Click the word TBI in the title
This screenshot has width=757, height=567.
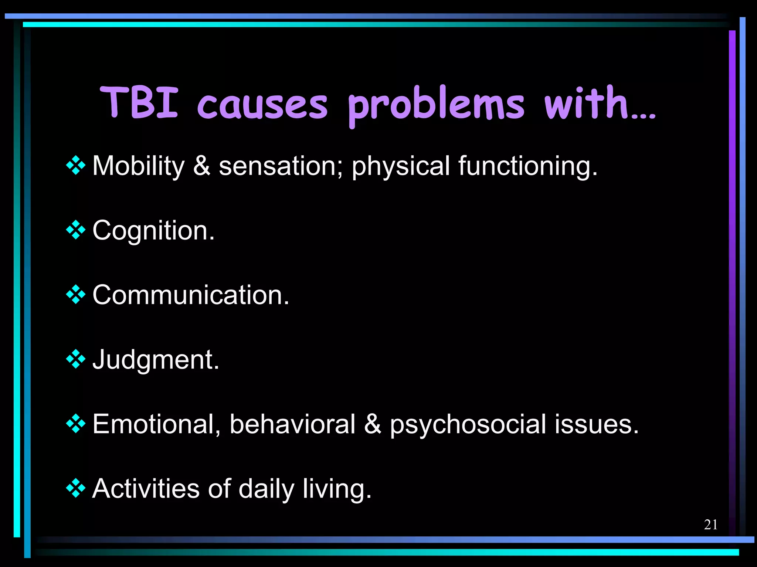coord(139,102)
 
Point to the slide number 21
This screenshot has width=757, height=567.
coord(710,524)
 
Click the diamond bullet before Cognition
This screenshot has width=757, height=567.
coord(76,230)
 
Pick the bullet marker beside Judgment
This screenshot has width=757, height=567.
coord(76,359)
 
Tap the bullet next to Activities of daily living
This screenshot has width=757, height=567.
coord(76,488)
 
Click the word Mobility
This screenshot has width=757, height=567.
coord(138,166)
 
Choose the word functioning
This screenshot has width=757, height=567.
coord(527,166)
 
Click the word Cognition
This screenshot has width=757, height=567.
coord(153,231)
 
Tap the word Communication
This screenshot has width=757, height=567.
coord(190,295)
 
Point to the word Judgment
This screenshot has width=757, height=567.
coord(156,360)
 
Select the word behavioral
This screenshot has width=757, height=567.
coord(292,424)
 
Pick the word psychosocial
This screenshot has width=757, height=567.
coord(468,424)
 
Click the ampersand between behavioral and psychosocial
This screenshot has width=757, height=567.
coord(372,424)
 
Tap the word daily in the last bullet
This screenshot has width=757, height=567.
coord(266,489)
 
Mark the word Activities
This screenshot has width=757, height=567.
coord(146,489)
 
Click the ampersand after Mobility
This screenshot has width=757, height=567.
coord(201,166)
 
